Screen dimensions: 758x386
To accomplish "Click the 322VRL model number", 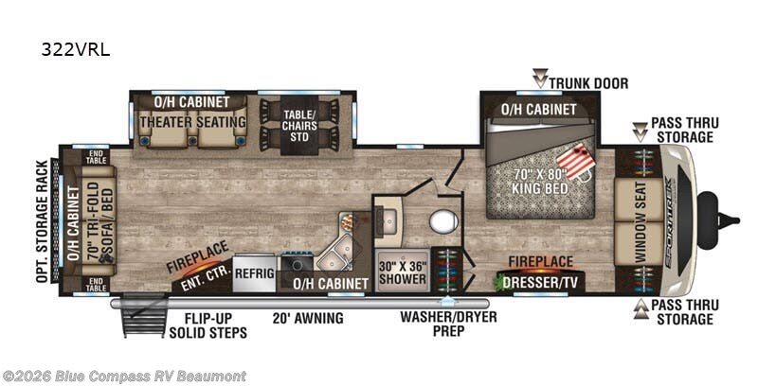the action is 76,50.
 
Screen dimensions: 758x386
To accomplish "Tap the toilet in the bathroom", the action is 443,222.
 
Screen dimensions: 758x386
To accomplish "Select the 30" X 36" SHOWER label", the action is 403,272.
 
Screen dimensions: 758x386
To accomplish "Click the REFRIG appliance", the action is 254,273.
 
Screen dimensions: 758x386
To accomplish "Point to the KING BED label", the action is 539,188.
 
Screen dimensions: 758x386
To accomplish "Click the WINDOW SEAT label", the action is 640,222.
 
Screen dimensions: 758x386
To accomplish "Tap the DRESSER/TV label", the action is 540,282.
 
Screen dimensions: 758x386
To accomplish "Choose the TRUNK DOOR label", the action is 588,83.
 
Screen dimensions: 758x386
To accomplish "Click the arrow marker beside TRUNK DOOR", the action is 540,79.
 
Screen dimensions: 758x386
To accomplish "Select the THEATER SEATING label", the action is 193,122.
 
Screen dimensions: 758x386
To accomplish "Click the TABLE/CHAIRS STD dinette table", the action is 299,126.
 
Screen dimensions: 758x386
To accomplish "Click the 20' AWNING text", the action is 308,318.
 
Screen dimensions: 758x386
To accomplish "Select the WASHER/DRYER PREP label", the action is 448,324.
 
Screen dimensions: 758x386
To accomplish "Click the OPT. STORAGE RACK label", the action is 43,221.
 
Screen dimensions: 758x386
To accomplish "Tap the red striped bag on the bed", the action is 576,162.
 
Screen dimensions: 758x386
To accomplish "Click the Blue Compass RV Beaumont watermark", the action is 124,376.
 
